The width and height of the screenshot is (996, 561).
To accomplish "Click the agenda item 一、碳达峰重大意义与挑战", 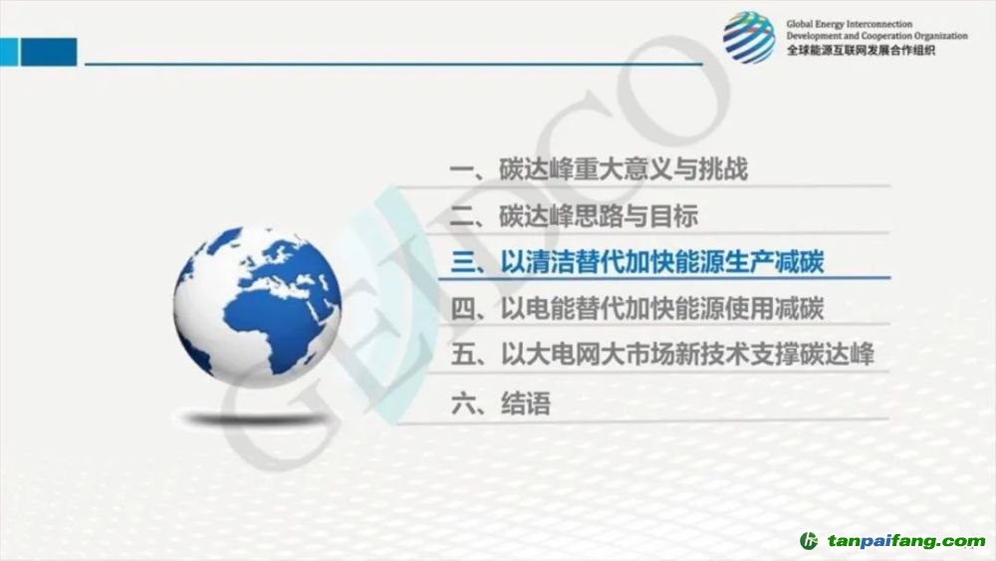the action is [x=599, y=169].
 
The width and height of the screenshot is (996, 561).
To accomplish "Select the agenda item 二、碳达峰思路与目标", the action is [x=575, y=216].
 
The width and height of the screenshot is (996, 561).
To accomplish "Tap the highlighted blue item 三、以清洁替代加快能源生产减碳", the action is [x=637, y=262].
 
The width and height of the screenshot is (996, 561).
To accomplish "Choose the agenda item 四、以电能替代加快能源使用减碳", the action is [x=637, y=309].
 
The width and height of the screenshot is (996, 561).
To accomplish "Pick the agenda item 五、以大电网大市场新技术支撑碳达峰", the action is [x=662, y=355].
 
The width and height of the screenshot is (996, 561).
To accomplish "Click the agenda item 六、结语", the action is [x=501, y=404].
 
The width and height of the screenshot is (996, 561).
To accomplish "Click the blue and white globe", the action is [x=258, y=306].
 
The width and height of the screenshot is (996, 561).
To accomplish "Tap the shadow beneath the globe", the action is [x=254, y=419].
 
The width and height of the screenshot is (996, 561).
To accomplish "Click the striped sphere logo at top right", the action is [x=749, y=37].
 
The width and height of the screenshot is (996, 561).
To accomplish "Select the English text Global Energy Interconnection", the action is [x=850, y=24].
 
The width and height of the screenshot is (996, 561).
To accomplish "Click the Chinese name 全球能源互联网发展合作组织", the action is [x=861, y=50].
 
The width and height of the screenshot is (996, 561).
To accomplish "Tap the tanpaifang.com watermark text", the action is [x=906, y=541].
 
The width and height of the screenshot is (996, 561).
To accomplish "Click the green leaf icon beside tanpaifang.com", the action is [x=809, y=541].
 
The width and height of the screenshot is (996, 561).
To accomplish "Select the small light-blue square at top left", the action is [x=9, y=52].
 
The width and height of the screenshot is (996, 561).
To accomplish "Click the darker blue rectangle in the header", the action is [x=49, y=52].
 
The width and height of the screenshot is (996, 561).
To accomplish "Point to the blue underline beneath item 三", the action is [x=664, y=278].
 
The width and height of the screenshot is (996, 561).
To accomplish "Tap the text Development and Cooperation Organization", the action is [x=877, y=36].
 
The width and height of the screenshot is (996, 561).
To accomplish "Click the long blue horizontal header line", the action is [x=393, y=64].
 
